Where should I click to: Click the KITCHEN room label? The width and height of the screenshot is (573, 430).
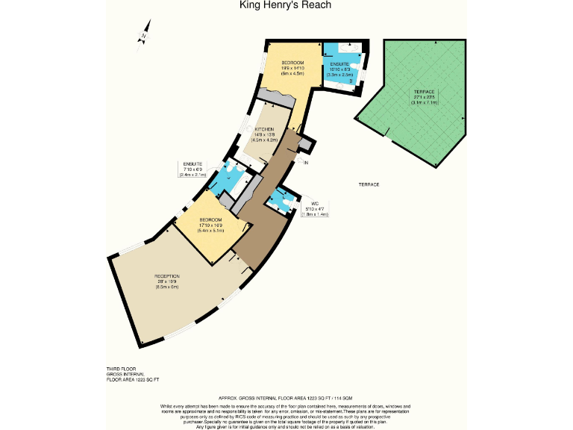(265, 129)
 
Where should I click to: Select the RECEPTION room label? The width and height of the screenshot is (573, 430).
(167, 276)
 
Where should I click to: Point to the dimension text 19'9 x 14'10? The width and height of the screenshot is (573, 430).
(292, 68)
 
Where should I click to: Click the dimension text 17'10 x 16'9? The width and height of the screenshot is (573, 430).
(211, 225)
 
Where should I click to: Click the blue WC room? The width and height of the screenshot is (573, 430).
(281, 200)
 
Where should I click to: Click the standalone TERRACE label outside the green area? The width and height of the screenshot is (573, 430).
(369, 184)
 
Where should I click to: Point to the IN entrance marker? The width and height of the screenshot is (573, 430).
(305, 162)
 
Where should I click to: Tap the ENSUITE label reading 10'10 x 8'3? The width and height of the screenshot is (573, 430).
(339, 69)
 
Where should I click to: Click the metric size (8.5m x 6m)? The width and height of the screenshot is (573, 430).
(167, 287)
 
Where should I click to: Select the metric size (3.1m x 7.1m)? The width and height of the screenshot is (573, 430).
(425, 102)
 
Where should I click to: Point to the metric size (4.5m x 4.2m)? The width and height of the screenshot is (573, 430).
(265, 140)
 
